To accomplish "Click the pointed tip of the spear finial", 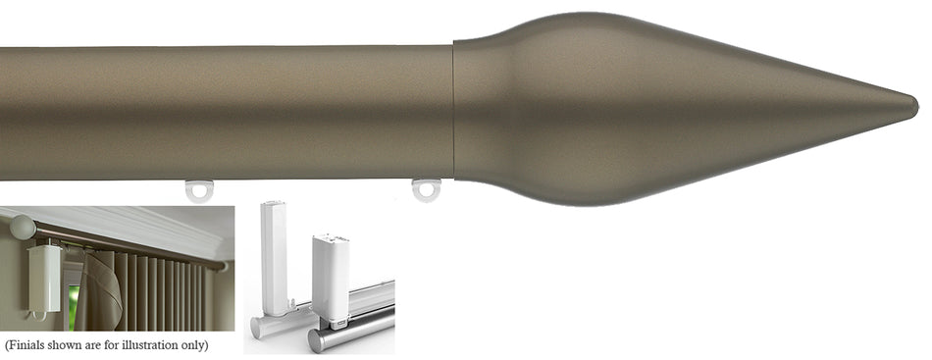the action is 916,108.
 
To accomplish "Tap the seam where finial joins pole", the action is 454,111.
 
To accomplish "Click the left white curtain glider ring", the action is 198,191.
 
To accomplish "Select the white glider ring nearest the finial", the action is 426,190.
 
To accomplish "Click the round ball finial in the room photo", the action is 22,228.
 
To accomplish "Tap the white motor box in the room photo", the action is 44,278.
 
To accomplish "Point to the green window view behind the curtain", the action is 74,308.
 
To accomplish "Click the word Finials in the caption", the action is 26,345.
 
